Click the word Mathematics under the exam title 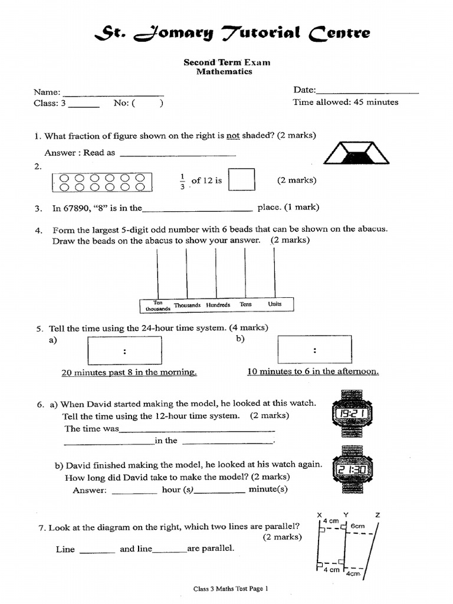click(x=224, y=72)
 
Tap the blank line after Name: click(x=113, y=94)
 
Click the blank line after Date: click(x=367, y=93)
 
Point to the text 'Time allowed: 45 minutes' click(x=345, y=102)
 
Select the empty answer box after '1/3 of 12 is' click(x=241, y=180)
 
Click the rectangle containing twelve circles click(x=101, y=182)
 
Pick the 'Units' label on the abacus click(x=275, y=304)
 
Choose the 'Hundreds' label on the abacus click(x=218, y=305)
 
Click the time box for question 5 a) click(x=124, y=350)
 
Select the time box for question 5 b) click(x=314, y=349)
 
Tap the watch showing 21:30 click(x=352, y=470)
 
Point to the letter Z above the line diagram click(x=377, y=515)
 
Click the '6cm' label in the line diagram click(x=357, y=526)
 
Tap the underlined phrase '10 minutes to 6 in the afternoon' click(x=313, y=372)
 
